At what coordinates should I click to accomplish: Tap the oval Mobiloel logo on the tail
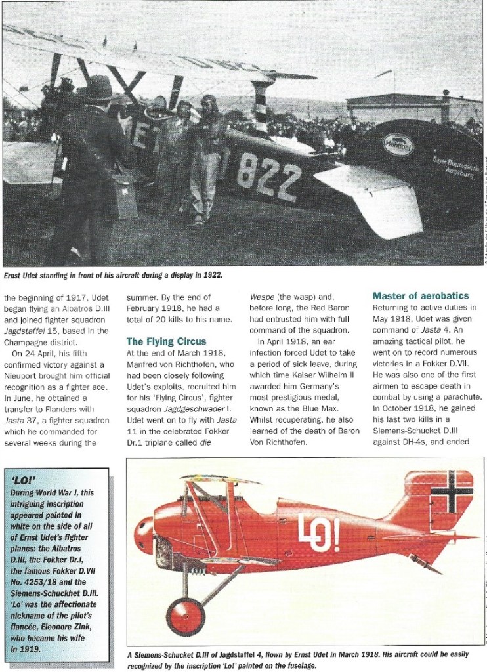point(398,144)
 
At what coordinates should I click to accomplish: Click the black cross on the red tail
point(453,492)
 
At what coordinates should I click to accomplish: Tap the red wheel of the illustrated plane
point(185,615)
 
